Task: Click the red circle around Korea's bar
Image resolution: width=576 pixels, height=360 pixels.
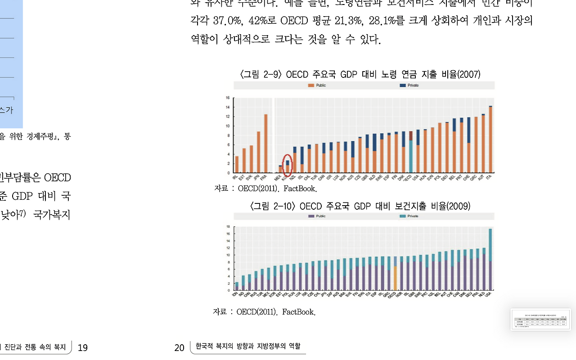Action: pos(288,165)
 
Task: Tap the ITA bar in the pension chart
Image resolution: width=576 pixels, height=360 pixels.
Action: pos(490,139)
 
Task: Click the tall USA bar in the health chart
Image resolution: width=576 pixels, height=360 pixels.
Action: pos(490,259)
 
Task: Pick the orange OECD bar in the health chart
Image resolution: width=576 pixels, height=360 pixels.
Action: pos(395,278)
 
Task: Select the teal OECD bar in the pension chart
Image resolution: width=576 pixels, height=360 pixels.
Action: pos(410,156)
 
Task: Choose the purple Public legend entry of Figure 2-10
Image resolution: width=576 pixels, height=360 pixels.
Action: pos(311,216)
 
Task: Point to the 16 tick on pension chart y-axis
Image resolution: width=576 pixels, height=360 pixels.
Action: pos(228,98)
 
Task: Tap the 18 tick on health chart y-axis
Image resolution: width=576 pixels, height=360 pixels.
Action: pos(228,227)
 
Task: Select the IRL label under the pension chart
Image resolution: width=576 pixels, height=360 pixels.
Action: pos(235,177)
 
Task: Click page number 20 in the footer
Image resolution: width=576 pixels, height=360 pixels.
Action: pos(179,347)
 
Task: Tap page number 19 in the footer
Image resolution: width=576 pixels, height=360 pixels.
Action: pos(83,347)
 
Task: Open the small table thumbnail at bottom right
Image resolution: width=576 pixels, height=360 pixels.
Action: pos(540,319)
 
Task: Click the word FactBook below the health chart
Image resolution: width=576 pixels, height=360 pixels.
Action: pos(299,312)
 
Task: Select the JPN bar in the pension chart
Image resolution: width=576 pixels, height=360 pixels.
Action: pos(258,152)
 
